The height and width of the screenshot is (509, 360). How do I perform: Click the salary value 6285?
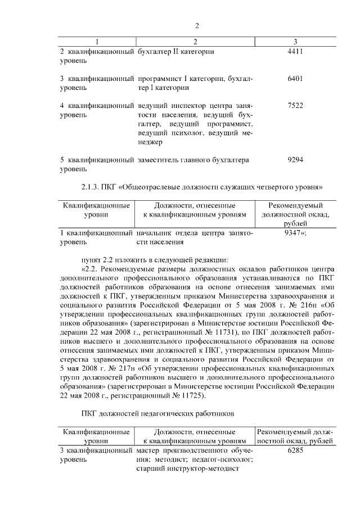(x=295, y=451)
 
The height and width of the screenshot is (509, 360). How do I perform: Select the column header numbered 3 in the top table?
(x=295, y=42)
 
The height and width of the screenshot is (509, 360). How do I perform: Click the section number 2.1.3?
(x=93, y=186)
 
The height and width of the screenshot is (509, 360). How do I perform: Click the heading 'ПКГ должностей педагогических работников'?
(x=156, y=415)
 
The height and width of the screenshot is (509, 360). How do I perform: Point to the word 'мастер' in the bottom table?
(x=150, y=451)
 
